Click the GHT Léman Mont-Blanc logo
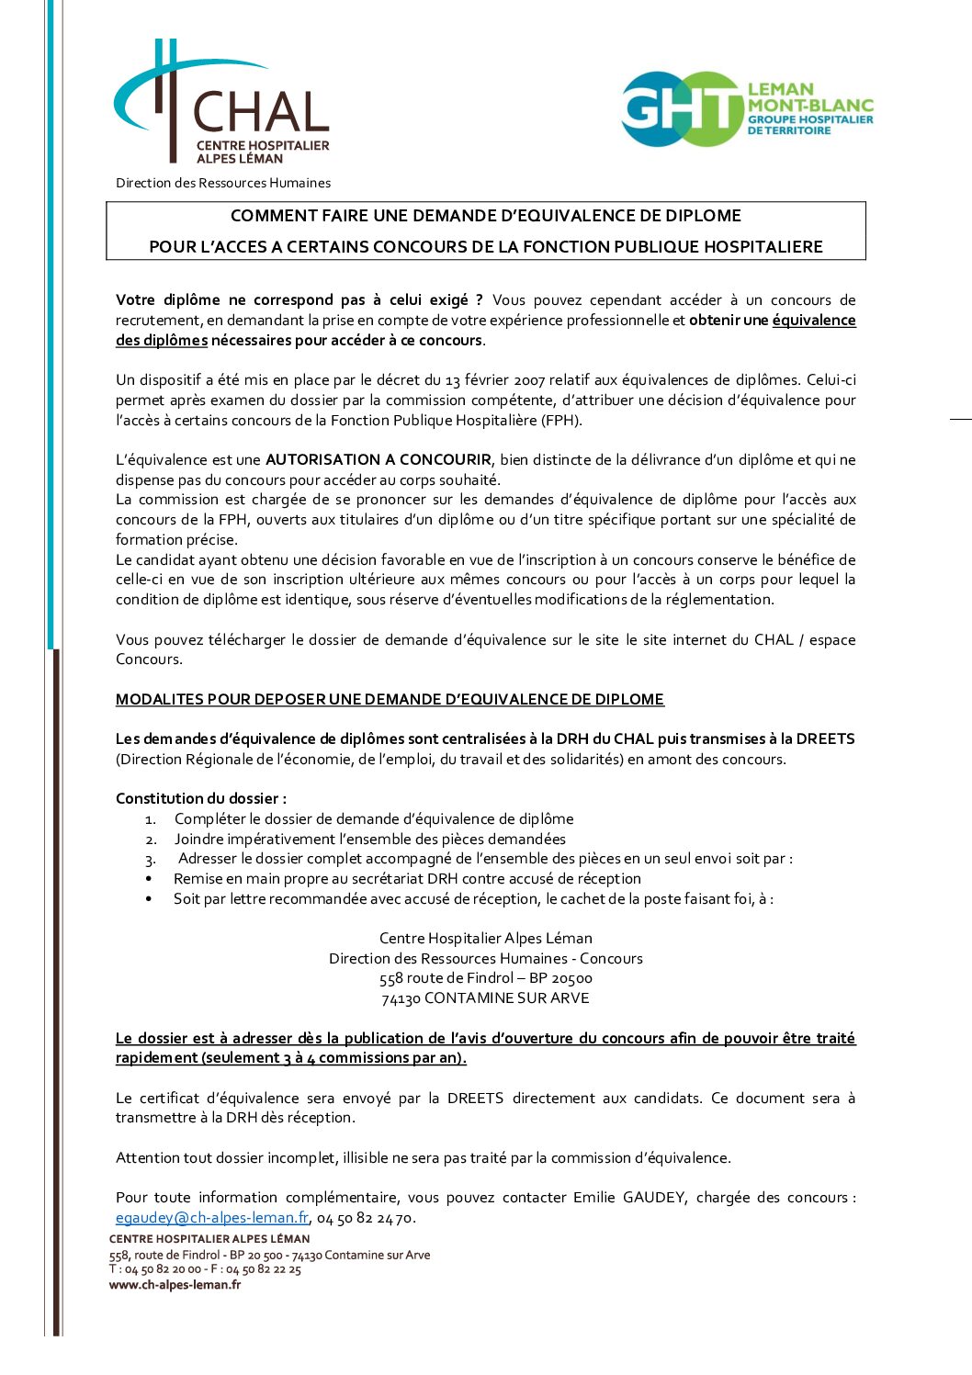pyautogui.click(x=746, y=109)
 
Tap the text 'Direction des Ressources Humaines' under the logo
pyautogui.click(x=223, y=183)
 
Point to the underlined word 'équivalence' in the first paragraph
pyautogui.click(x=814, y=320)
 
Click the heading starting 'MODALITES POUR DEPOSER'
pyautogui.click(x=390, y=699)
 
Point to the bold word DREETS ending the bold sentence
pyautogui.click(x=825, y=738)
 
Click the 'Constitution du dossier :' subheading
pyautogui.click(x=201, y=798)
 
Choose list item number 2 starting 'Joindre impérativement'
pyautogui.click(x=369, y=839)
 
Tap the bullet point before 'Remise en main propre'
pyautogui.click(x=149, y=879)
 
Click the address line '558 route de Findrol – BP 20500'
pyautogui.click(x=486, y=978)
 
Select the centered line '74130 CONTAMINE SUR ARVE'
pyautogui.click(x=486, y=998)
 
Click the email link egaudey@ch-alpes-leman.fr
pyautogui.click(x=212, y=1218)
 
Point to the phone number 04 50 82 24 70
pyautogui.click(x=365, y=1218)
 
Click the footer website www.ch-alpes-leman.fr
pyautogui.click(x=175, y=1285)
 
